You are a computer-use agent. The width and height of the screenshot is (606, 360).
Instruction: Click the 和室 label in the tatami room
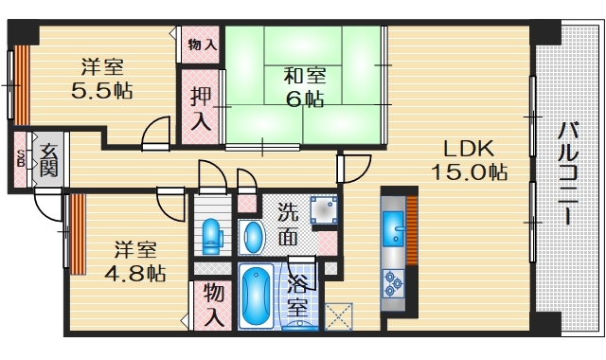point(304,76)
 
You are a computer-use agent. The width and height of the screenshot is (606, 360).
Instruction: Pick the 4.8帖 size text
point(138,273)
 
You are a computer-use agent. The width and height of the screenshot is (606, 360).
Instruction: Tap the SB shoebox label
point(21,157)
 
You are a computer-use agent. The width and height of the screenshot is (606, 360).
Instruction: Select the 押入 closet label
point(200,108)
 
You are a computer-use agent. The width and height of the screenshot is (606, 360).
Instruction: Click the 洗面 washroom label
point(290,224)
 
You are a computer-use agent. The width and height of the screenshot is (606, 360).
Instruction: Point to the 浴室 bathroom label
point(296,296)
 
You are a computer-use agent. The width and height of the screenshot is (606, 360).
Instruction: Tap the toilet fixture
point(211,234)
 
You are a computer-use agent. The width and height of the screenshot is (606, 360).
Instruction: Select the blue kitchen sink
point(393,228)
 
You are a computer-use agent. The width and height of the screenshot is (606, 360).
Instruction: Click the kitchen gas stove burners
point(393,279)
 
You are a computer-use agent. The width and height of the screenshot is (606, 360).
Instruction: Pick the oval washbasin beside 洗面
point(252,236)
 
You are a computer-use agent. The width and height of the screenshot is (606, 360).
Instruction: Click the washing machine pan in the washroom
point(324,210)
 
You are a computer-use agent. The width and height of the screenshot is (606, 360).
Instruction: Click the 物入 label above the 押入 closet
point(202,44)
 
